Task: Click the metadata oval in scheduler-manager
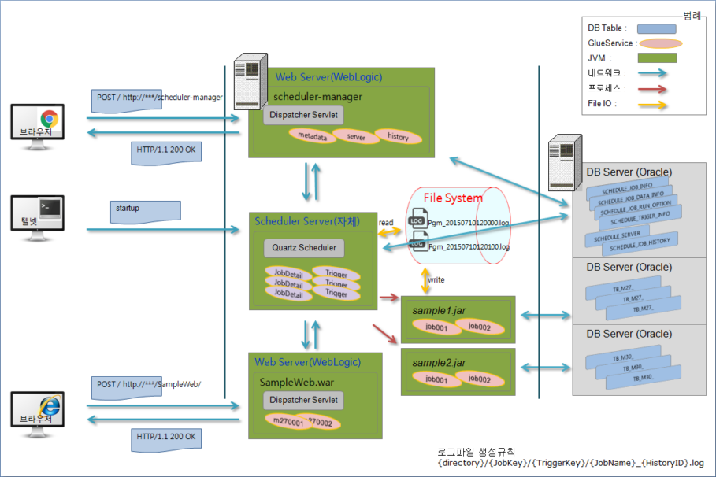point(312,136)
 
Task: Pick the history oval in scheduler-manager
point(398,136)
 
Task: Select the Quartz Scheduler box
point(304,248)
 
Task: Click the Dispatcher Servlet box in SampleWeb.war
point(303,401)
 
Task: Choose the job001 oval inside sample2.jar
point(431,379)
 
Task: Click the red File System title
point(453,198)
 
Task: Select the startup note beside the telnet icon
point(144,210)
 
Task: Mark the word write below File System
point(436,279)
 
